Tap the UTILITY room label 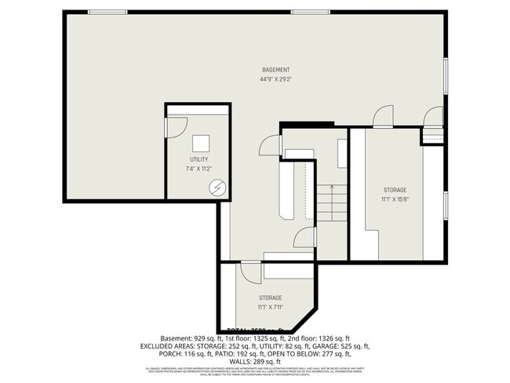199,159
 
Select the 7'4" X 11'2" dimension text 199,168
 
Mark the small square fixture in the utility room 202,143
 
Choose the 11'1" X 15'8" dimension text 395,199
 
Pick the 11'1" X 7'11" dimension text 271,307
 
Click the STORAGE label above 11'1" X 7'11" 271,297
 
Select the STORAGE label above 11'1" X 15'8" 395,191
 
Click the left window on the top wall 107,12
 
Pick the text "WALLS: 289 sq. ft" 254,361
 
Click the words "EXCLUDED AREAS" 166,345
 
